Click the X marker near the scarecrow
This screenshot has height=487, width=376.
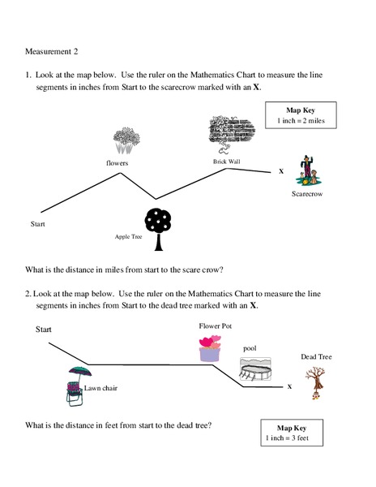click(281, 172)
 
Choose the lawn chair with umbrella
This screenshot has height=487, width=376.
click(77, 383)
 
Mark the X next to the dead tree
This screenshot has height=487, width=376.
click(289, 386)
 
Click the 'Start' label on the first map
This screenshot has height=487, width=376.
click(37, 222)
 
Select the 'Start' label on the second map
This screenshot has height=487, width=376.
click(44, 330)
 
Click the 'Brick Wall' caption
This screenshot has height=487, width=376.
click(226, 162)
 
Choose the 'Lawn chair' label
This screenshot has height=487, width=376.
click(101, 388)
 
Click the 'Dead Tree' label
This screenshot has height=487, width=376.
click(316, 356)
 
